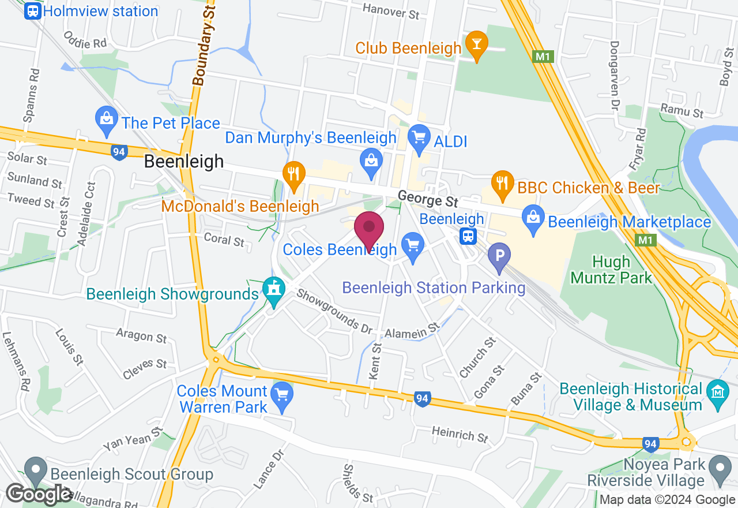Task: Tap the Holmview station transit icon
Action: tap(32, 11)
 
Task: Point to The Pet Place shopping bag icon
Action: tap(107, 119)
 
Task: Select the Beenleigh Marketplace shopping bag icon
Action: tap(533, 219)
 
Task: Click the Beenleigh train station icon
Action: tap(468, 236)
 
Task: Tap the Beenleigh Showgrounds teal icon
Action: tap(273, 289)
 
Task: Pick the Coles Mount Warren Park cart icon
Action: tap(282, 395)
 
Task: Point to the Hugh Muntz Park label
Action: tap(611, 270)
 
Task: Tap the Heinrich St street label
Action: tap(460, 434)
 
